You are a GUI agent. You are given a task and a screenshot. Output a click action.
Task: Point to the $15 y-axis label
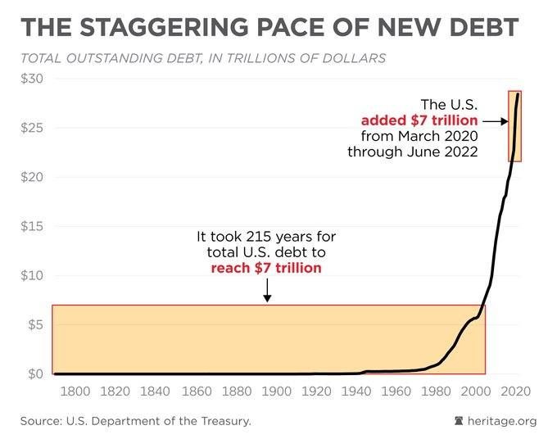click(32, 226)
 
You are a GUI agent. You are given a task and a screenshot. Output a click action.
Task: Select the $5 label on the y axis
click(34, 324)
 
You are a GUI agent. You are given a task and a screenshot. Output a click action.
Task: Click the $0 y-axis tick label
click(34, 374)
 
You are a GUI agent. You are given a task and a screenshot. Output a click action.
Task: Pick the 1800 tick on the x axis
click(75, 391)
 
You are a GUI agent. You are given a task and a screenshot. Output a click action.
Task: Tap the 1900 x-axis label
click(276, 391)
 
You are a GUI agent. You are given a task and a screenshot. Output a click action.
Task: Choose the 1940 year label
click(356, 391)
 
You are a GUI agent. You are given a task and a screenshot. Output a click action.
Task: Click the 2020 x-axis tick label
click(517, 391)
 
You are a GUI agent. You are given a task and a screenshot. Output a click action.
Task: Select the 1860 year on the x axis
click(196, 391)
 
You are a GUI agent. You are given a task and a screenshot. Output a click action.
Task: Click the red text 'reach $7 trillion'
click(266, 268)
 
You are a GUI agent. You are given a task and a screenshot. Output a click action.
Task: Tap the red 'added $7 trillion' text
click(419, 120)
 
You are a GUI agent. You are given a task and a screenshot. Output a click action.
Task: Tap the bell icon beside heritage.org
click(458, 421)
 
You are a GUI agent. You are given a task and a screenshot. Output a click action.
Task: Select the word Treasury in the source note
click(224, 421)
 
